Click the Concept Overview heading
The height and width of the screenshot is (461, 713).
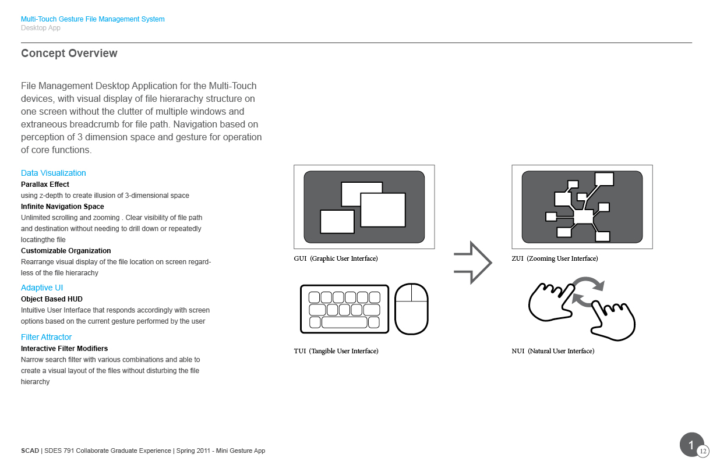coord(69,54)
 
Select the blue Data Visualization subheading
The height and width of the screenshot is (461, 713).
coord(53,173)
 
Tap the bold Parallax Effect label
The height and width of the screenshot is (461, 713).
coord(45,185)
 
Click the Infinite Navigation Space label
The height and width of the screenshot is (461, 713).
coord(62,207)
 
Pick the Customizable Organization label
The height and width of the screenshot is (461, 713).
coord(66,251)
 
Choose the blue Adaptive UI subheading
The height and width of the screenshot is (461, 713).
coord(42,288)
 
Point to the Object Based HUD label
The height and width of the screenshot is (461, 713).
coord(52,299)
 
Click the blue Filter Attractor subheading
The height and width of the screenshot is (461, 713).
coord(46,337)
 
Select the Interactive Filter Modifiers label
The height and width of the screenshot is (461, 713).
coord(64,349)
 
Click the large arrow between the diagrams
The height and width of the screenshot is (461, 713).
coord(473,263)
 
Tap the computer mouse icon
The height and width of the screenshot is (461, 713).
coord(411,308)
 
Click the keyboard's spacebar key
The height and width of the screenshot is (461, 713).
coord(344,322)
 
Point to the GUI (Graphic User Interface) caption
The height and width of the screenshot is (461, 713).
coord(336,258)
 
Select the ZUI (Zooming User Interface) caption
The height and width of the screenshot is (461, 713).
coord(555,258)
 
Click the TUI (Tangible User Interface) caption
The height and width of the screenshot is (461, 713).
coord(336,351)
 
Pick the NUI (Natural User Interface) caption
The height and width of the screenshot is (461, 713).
coord(553,351)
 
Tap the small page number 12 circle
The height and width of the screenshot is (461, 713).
coord(703,451)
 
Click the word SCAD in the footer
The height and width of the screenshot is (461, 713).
coord(30,451)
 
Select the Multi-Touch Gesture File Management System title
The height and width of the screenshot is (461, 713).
coord(93,19)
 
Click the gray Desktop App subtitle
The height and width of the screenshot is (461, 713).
coord(41,28)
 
